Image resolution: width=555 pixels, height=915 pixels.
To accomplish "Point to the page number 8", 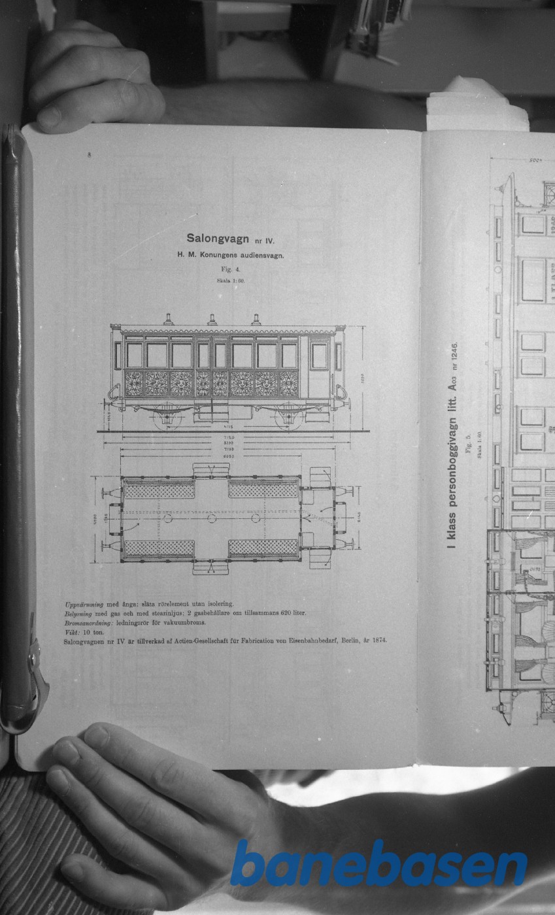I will (x=89, y=155).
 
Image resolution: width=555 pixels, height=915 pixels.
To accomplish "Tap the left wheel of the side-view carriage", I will (x=167, y=416).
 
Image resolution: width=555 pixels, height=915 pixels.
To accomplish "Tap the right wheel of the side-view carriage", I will (x=288, y=416).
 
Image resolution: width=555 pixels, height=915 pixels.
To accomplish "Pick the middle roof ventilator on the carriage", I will (x=212, y=319).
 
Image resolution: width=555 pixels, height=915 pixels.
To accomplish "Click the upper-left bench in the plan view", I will (x=160, y=489).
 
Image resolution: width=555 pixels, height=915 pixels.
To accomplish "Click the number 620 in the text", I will (x=281, y=613).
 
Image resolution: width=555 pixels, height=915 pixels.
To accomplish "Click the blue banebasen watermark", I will (x=378, y=863).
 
